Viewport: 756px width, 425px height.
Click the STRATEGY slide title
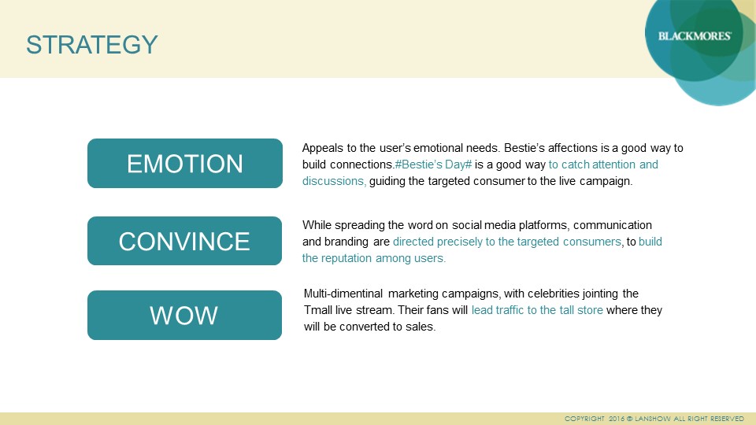92,45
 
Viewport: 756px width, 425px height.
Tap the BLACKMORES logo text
695,36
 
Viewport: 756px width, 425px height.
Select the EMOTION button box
185,164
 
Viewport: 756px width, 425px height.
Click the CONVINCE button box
184,241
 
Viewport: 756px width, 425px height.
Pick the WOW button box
184,315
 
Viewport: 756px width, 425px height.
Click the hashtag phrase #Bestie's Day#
433,164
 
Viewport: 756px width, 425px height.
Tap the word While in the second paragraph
317,225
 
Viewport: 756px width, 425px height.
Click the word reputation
346,259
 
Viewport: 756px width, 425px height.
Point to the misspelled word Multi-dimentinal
343,294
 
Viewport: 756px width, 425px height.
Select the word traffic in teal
510,310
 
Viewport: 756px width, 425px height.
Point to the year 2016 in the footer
617,419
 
